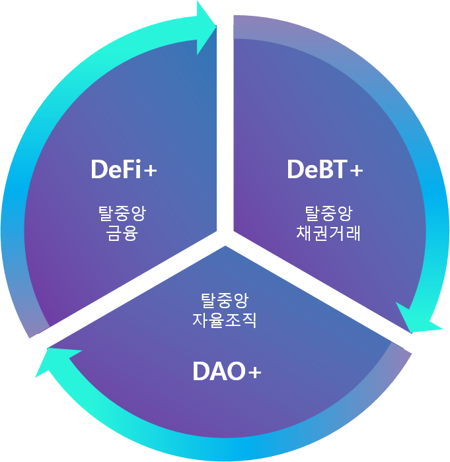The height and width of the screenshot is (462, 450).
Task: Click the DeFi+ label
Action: coord(124,170)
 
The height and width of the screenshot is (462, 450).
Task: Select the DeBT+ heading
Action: coord(324,170)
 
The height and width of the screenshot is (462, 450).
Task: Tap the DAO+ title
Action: coord(227,372)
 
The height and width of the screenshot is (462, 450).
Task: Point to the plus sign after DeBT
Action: coord(356,171)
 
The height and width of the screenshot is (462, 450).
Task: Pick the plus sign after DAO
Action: coord(254,374)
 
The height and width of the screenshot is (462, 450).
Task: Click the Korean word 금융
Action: coord(122,233)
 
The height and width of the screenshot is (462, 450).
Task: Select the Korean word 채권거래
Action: coord(328,233)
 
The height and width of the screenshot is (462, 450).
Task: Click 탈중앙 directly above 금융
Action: coord(122,213)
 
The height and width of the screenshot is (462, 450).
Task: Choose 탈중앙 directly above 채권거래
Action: coord(328,213)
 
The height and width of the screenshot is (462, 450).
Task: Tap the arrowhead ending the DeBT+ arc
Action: coord(416,319)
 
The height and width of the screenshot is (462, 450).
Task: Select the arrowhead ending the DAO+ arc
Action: coord(50,362)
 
